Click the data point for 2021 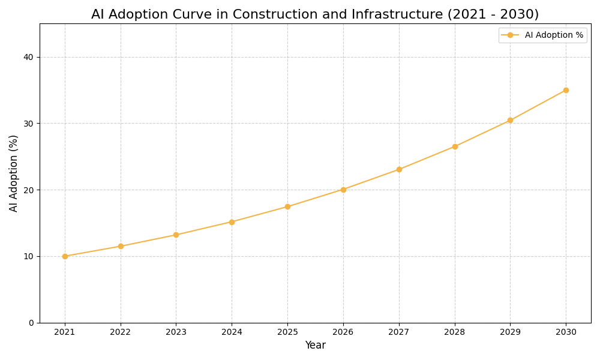65,256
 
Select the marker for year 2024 232,222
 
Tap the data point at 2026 343,190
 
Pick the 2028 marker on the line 455,146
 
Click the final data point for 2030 566,90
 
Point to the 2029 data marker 510,120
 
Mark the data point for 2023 176,235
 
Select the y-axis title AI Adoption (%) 14,173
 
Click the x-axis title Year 315,346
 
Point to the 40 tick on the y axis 28,57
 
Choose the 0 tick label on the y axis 31,323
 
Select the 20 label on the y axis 28,190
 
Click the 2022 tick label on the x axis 121,332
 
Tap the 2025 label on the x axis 287,332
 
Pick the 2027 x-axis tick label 399,332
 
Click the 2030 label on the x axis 566,332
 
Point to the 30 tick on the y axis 28,124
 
